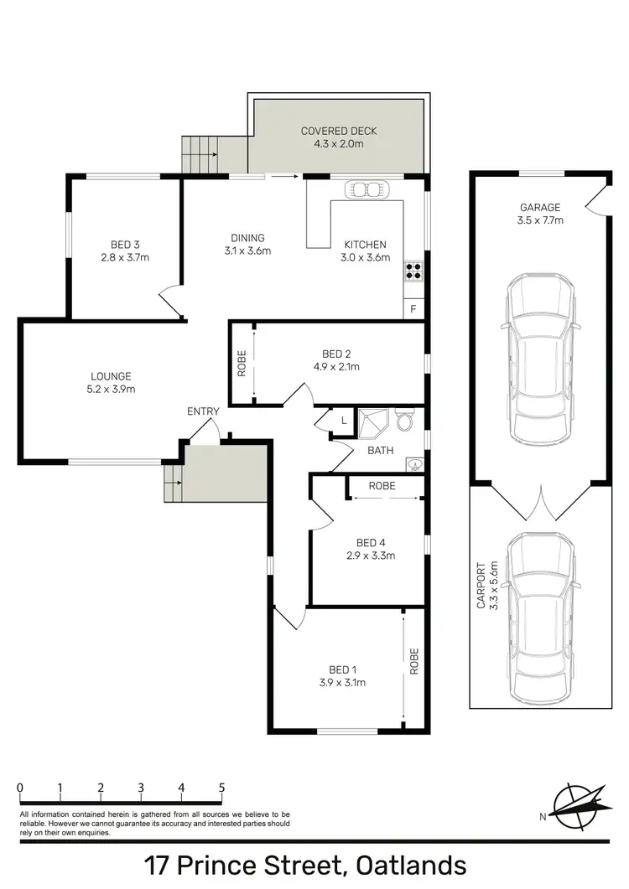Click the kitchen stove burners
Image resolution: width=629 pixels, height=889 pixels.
(414, 271)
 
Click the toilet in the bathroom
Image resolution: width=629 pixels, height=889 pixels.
(405, 420)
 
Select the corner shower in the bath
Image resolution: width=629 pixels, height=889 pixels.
(371, 423)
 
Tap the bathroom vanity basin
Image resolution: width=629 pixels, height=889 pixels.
(413, 463)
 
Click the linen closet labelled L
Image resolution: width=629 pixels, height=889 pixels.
(344, 420)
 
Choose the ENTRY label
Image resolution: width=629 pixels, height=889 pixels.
(203, 411)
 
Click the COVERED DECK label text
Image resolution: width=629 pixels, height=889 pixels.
(339, 132)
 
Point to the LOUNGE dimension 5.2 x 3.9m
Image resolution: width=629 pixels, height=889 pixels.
(112, 389)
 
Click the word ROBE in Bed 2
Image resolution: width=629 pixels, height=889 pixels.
(242, 363)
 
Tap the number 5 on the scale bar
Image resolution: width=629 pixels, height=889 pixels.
(221, 788)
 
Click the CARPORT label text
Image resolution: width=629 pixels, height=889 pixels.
(481, 585)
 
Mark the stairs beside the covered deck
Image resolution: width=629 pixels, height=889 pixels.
(199, 155)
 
